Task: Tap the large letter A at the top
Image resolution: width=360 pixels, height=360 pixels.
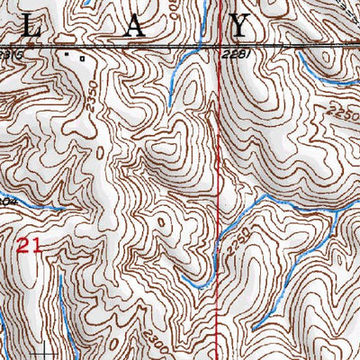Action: point(133,27)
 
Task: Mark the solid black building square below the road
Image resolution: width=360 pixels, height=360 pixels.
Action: point(67,53)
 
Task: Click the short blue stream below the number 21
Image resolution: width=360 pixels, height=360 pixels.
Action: point(60,297)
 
